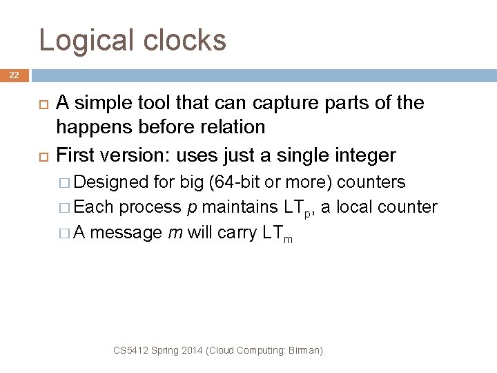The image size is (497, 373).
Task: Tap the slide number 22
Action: click(x=14, y=75)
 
